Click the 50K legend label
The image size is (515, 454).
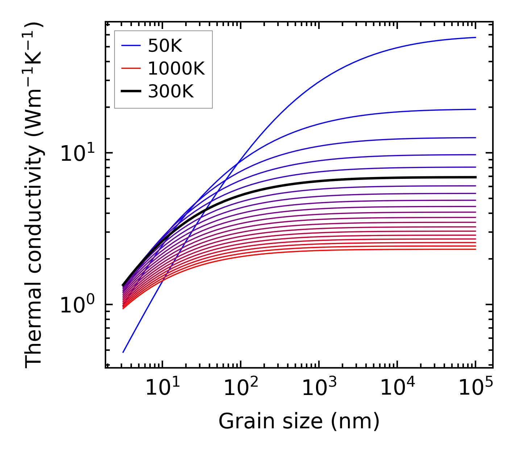(x=165, y=46)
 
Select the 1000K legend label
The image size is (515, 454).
(x=176, y=68)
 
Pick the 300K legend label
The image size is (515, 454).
(x=171, y=92)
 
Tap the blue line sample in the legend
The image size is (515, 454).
(x=130, y=46)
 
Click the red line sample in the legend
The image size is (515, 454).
(x=130, y=68)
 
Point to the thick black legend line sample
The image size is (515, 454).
(x=130, y=92)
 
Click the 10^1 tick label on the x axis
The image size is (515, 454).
(x=162, y=388)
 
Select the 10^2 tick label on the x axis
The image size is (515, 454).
(x=241, y=388)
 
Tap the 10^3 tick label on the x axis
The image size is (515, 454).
(x=319, y=388)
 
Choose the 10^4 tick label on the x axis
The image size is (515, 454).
(x=397, y=388)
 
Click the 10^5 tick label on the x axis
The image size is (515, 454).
(x=475, y=388)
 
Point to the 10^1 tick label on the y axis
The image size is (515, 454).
(x=76, y=154)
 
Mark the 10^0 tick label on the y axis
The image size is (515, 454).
(x=76, y=305)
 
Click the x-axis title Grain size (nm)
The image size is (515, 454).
(x=299, y=421)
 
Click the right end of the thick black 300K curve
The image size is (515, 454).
(x=475, y=177)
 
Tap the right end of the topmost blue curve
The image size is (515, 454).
(x=475, y=37)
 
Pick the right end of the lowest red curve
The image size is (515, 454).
(x=475, y=249)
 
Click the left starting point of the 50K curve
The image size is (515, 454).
(x=123, y=352)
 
